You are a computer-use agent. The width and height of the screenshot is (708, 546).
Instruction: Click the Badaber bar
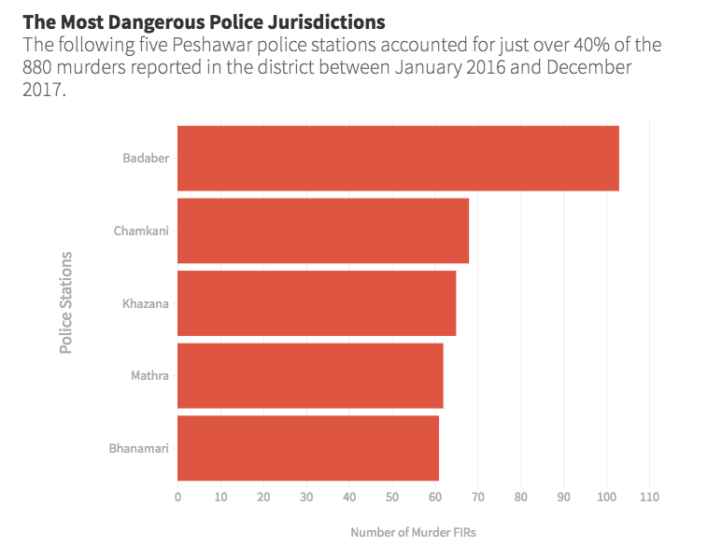[x=398, y=158]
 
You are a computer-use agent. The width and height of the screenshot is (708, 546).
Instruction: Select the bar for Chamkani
[x=323, y=231]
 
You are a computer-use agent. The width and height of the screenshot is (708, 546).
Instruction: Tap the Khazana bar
[x=317, y=303]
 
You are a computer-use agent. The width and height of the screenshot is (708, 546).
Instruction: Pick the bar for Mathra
[x=310, y=375]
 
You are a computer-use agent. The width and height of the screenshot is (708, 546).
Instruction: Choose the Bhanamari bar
[x=308, y=448]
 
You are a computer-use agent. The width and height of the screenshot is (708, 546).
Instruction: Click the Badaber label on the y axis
[x=146, y=158]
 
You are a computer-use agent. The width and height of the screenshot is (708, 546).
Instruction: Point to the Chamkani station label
[x=141, y=231]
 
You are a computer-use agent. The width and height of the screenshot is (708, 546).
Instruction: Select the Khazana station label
[x=146, y=303]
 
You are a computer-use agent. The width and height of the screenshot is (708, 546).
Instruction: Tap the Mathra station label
[x=149, y=376]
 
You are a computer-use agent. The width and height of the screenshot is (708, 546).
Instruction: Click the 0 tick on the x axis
[x=177, y=497]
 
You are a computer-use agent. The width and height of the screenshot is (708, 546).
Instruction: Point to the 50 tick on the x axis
[x=392, y=497]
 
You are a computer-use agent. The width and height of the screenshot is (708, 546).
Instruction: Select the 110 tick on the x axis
[x=649, y=497]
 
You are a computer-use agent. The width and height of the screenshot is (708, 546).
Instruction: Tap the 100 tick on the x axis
[x=606, y=497]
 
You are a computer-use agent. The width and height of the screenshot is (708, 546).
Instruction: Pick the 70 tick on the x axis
[x=478, y=497]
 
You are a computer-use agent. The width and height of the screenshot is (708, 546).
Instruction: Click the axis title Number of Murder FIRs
[x=413, y=532]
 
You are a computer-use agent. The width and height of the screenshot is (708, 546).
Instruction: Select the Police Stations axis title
[x=66, y=301]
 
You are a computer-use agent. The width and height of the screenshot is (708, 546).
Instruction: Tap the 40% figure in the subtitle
[x=592, y=45]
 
